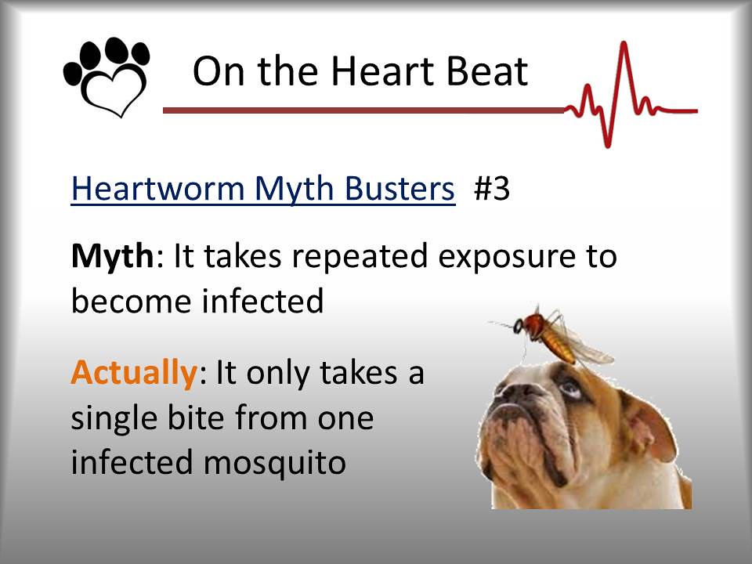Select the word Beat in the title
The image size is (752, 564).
tap(487, 72)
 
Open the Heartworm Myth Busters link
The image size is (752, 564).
tap(262, 190)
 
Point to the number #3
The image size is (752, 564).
tap(492, 190)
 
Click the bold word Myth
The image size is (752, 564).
tap(111, 257)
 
